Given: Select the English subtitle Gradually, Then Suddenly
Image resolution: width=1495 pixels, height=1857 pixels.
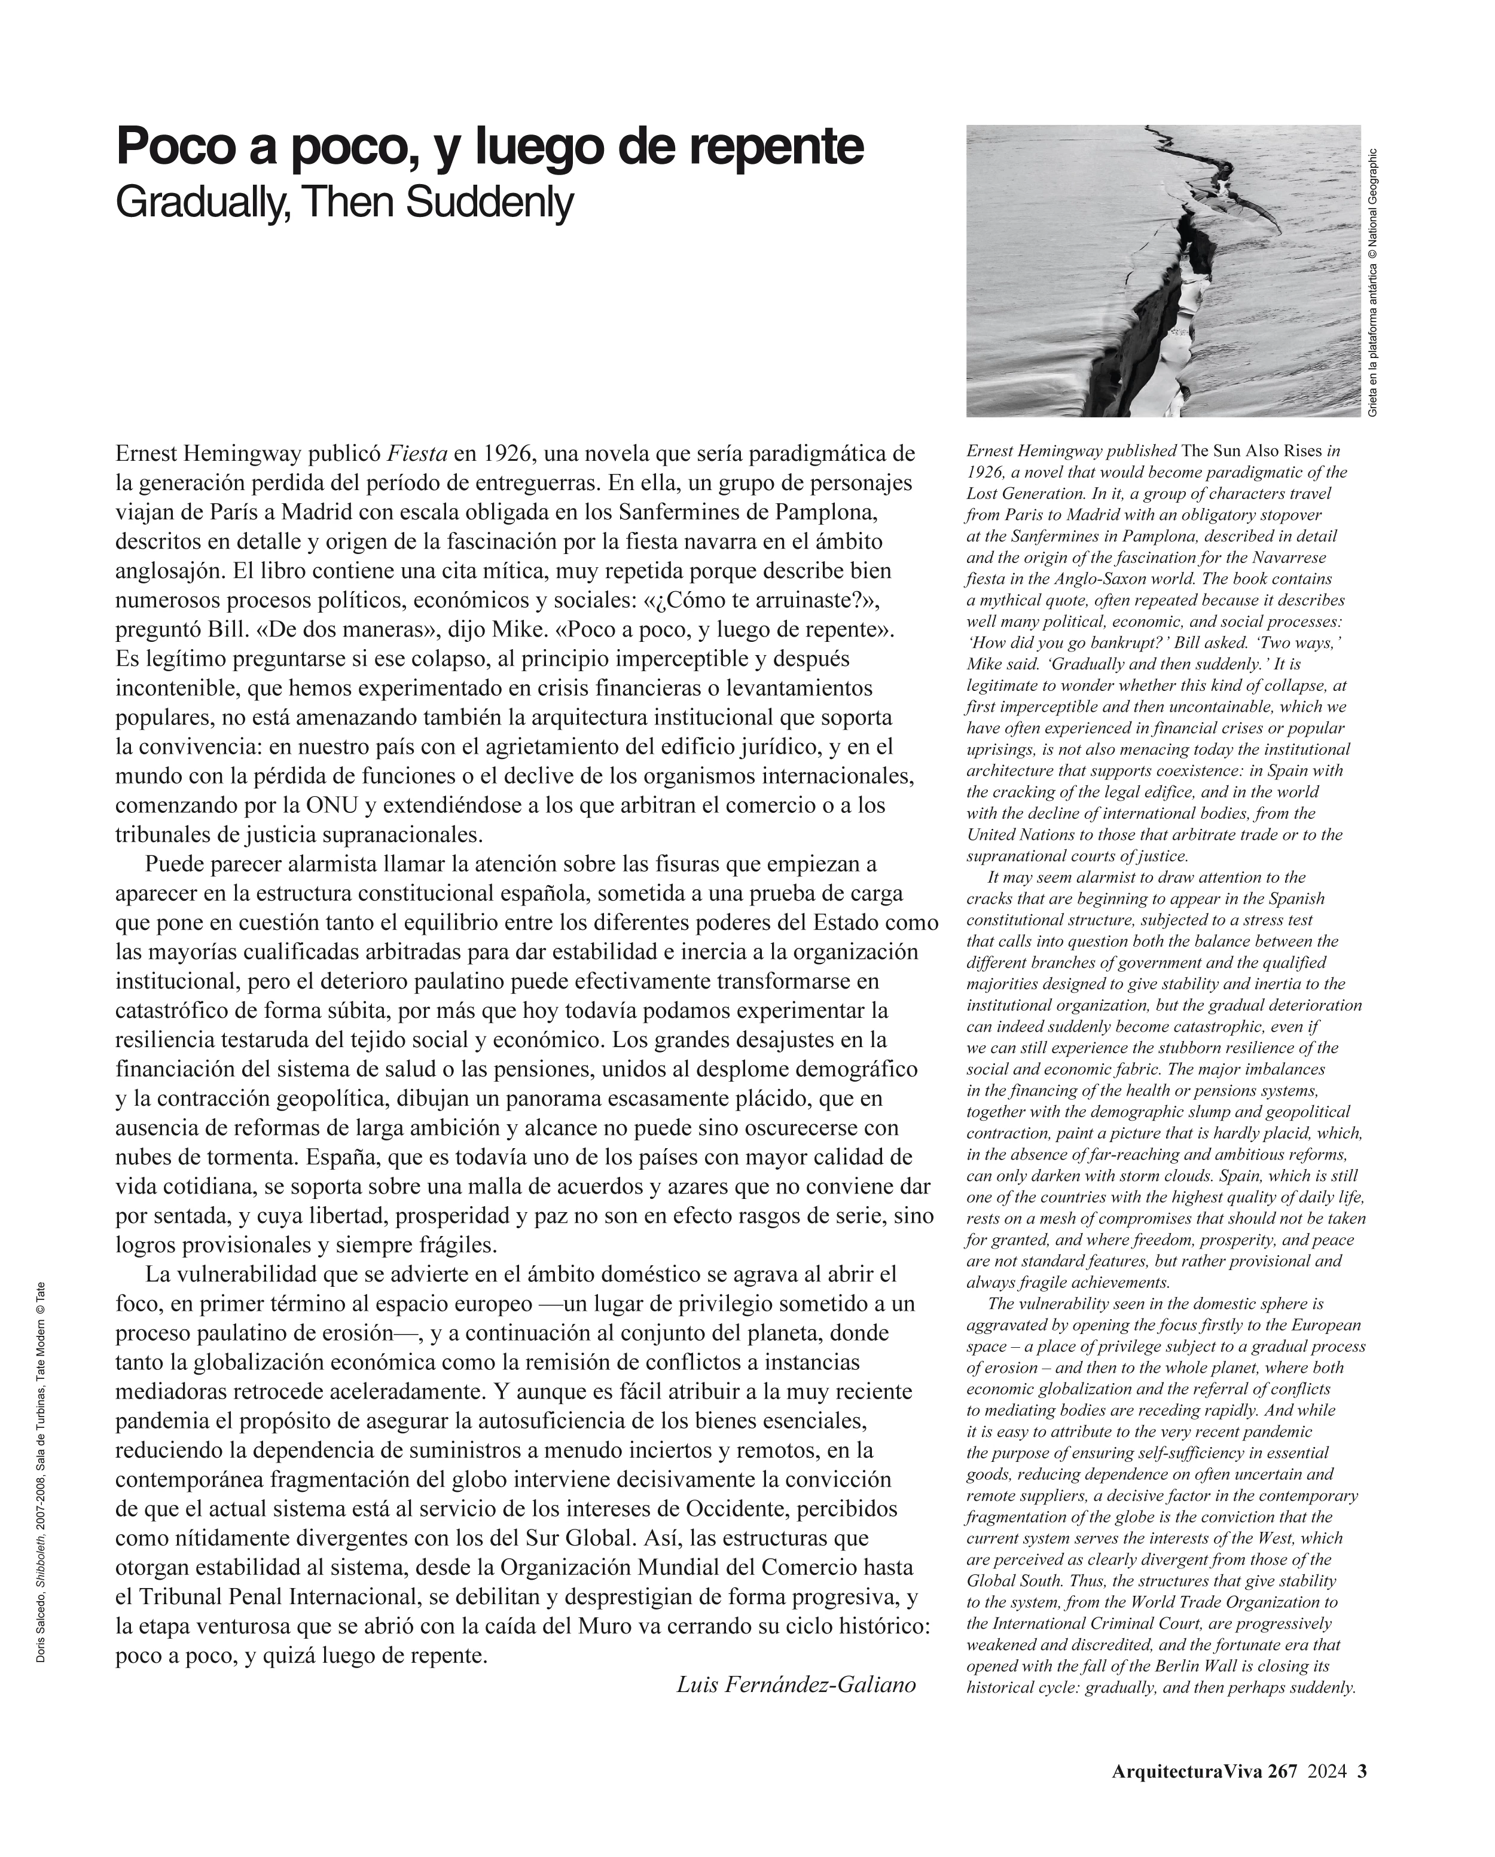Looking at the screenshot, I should point(344,203).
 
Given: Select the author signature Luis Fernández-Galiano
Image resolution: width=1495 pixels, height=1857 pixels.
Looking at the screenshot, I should point(795,1684).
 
